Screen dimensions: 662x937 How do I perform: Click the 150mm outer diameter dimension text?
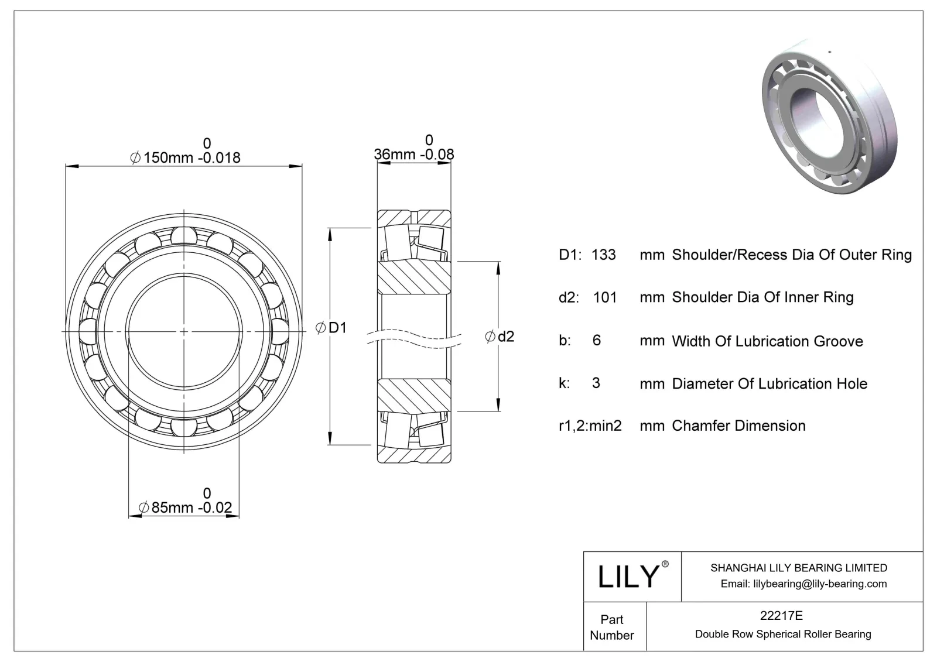pyautogui.click(x=185, y=157)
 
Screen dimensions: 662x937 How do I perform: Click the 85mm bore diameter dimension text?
pyautogui.click(x=186, y=507)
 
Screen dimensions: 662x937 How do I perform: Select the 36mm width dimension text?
pyautogui.click(x=413, y=154)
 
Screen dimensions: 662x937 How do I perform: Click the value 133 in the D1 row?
pyautogui.click(x=603, y=255)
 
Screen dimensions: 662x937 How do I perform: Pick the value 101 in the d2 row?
pyautogui.click(x=604, y=297)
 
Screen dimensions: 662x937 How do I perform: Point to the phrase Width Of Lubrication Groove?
pyautogui.click(x=767, y=341)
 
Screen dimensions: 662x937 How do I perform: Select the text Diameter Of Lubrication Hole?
pyautogui.click(x=770, y=384)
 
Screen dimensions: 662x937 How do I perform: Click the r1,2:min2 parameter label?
pyautogui.click(x=590, y=426)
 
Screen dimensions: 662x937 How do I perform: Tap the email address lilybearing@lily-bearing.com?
pyautogui.click(x=803, y=584)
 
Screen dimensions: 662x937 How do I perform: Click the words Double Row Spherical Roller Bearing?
pyautogui.click(x=783, y=634)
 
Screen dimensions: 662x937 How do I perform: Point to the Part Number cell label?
pyautogui.click(x=612, y=627)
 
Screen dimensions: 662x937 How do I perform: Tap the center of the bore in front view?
pyautogui.click(x=184, y=332)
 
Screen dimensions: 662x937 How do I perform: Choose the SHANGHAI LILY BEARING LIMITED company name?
pyautogui.click(x=798, y=568)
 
